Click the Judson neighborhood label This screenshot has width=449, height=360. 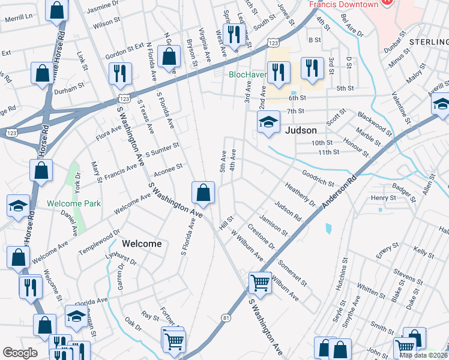[301, 130]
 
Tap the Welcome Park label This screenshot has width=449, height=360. [74, 203]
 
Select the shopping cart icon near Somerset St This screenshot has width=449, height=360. [260, 281]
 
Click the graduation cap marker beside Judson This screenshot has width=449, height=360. [268, 122]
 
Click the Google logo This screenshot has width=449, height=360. [20, 353]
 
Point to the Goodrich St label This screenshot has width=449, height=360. [318, 178]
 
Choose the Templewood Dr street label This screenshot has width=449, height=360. [100, 241]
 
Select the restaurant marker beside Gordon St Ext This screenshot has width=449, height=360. [118, 74]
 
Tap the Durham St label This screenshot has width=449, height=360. [70, 88]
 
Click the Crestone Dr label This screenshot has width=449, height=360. [261, 238]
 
